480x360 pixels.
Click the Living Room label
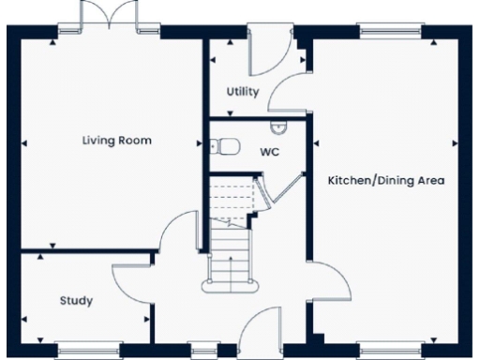116,141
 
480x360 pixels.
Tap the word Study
75,301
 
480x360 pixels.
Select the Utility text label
243,92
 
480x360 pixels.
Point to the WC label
269,151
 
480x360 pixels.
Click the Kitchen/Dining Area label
385,179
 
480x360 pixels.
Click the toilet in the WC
221,145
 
